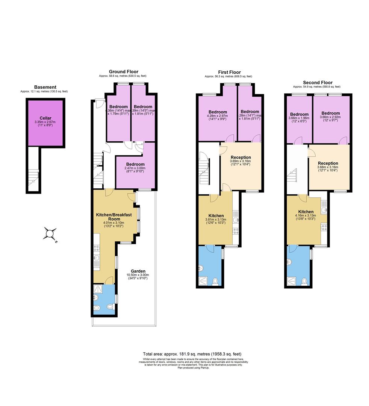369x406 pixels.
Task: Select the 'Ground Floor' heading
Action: [123, 71]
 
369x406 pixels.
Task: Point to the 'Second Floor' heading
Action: [318, 82]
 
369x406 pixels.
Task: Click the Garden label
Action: [138, 271]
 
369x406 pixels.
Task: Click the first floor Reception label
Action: [240, 157]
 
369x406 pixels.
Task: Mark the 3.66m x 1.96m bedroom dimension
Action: [299, 118]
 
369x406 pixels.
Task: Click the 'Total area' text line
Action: [192, 354]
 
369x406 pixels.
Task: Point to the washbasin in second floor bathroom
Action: [289, 263]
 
